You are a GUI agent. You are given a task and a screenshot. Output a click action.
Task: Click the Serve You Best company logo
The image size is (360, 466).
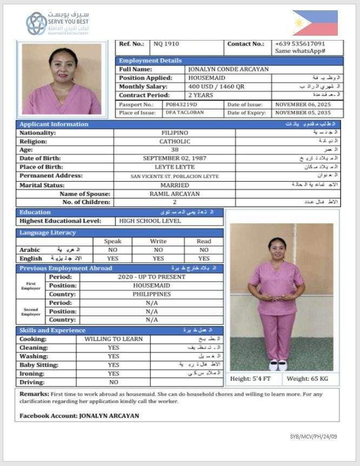57,23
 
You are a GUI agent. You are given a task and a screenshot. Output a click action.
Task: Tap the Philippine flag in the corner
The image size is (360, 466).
315,23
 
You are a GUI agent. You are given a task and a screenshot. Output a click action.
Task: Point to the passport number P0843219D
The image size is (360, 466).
181,104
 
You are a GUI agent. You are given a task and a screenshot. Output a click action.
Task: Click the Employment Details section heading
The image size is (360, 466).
150,61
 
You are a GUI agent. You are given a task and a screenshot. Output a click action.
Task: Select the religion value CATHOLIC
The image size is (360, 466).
175,141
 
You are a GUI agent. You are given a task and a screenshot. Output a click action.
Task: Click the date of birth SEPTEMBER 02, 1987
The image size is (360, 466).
175,158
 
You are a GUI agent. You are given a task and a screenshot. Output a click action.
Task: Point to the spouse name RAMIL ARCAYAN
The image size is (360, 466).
175,194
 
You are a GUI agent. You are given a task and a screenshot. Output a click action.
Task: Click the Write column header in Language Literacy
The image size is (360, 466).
158,241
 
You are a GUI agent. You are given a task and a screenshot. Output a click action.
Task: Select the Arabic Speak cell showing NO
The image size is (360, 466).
112,250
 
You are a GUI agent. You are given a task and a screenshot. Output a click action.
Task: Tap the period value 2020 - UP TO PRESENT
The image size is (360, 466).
151,277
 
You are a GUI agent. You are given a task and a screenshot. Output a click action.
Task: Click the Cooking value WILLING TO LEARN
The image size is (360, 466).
114,339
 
